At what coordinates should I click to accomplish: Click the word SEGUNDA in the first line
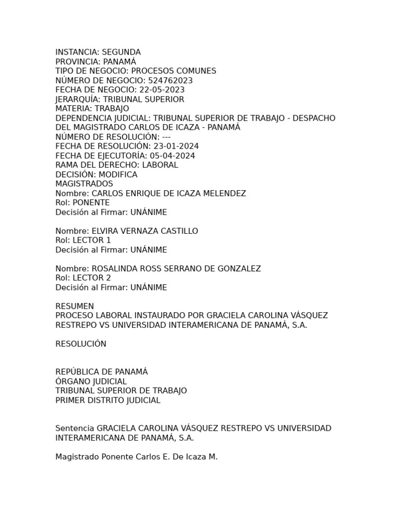[x=121, y=52]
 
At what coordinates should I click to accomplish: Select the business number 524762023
[x=170, y=81]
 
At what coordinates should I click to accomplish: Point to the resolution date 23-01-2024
[x=176, y=147]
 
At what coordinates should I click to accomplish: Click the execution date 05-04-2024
[x=172, y=156]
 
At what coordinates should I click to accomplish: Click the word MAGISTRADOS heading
[x=84, y=184]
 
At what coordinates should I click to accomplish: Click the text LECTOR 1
[x=92, y=241]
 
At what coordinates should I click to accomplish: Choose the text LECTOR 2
[x=92, y=278]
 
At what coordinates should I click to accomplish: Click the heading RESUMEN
[x=75, y=307]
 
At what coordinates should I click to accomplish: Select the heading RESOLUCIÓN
[x=81, y=344]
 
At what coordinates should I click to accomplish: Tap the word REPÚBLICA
[x=78, y=372]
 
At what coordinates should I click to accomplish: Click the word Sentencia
[x=75, y=429]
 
